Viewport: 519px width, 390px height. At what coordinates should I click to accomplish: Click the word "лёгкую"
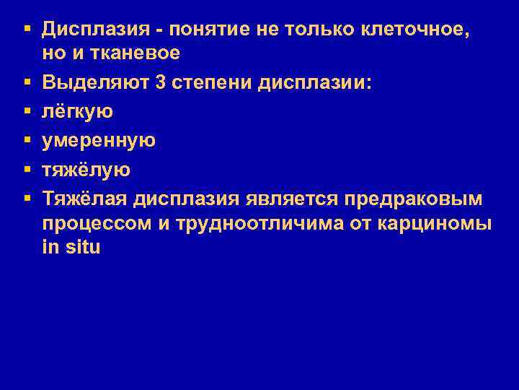pos(78,112)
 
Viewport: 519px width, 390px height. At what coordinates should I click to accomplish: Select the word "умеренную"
pos(99,141)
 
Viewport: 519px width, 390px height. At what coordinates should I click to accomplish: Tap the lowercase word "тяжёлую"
pos(86,170)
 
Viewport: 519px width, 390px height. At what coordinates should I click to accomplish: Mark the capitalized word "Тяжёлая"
pos(87,199)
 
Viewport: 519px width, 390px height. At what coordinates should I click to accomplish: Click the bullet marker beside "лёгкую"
pos(26,112)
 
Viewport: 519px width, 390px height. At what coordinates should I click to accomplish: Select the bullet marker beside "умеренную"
pos(26,141)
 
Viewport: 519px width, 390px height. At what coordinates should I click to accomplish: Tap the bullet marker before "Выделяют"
pos(26,83)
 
